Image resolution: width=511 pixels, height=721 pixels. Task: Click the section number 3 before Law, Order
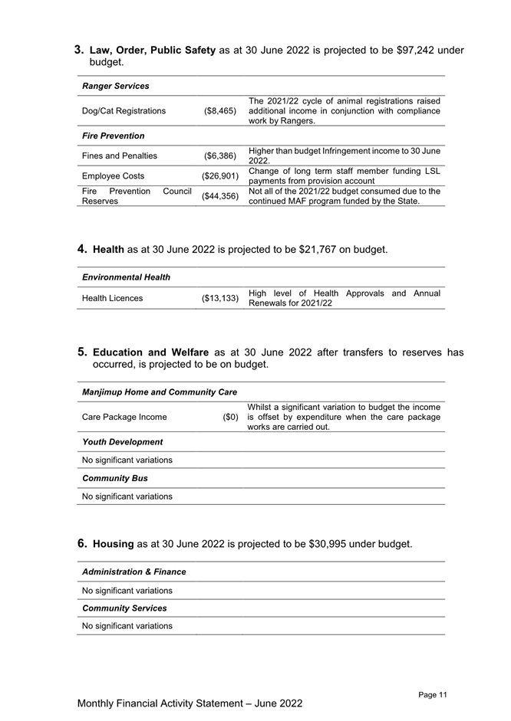coord(79,51)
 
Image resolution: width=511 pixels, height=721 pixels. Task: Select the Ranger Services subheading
coord(115,86)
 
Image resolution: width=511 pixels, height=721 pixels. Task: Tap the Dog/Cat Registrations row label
coord(123,110)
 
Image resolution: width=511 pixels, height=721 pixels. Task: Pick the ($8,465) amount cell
coord(220,110)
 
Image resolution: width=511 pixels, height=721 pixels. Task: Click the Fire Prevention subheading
coord(113,136)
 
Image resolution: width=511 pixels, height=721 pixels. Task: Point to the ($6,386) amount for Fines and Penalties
coord(220,156)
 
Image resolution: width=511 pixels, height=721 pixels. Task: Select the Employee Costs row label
coord(114,175)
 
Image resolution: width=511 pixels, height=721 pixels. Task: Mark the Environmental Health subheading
coord(126,277)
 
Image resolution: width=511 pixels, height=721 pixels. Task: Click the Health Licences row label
coord(112,298)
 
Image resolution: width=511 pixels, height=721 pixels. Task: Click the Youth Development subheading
coord(122,442)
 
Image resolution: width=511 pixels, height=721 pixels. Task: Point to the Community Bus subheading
coord(114,478)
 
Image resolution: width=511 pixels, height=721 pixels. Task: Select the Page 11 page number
coord(433,694)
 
